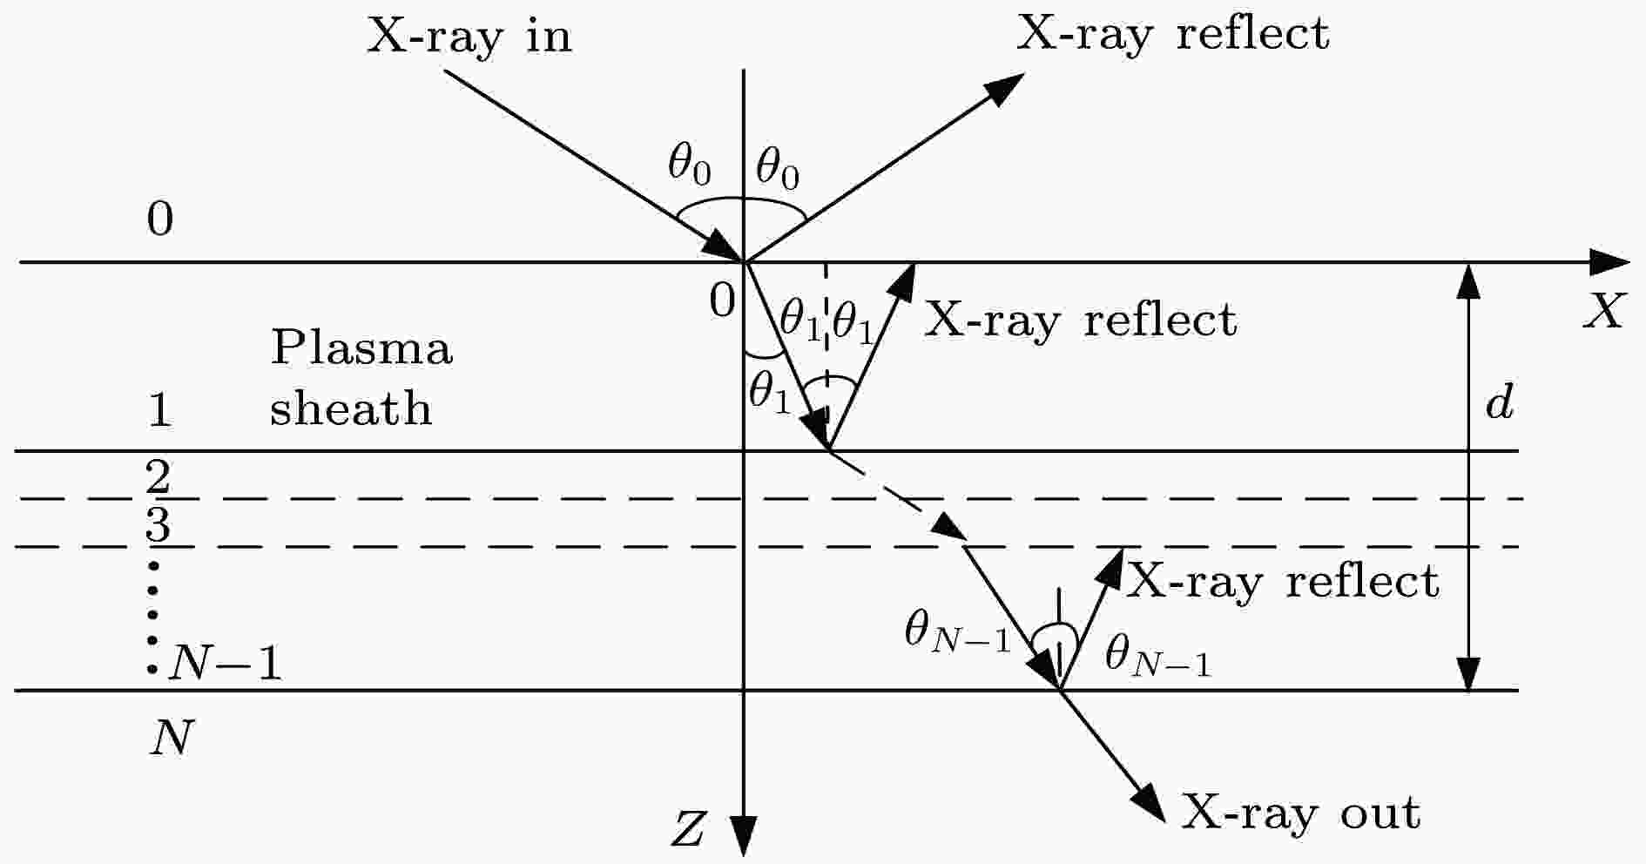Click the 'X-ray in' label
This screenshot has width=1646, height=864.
[x=469, y=37]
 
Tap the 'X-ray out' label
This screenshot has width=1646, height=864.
[x=1300, y=813]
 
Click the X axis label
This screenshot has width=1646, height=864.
[x=1604, y=311]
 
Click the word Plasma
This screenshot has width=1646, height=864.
[x=361, y=348]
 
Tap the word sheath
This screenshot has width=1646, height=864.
[x=351, y=407]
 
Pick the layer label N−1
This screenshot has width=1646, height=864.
[x=226, y=664]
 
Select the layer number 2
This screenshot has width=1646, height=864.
[x=159, y=477]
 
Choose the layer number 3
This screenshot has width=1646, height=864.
[x=159, y=525]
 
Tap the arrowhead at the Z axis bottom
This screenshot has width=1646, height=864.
[x=742, y=836]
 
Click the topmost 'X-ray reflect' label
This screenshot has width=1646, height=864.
[x=1173, y=34]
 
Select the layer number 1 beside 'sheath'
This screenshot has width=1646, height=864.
[x=159, y=409]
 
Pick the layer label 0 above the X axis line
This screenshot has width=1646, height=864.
[x=160, y=219]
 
